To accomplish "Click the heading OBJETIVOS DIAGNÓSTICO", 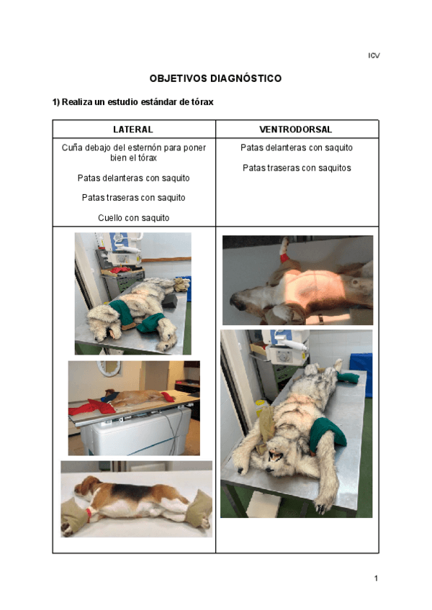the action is click(x=215, y=78).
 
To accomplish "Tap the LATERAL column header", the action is click(x=133, y=129).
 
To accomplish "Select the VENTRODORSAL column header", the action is click(x=296, y=129).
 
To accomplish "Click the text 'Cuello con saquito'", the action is click(x=134, y=218).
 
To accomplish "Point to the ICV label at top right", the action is click(x=374, y=55).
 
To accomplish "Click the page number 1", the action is click(x=376, y=578).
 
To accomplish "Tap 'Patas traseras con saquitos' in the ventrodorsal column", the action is click(x=297, y=168).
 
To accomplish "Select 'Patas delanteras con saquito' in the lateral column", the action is click(x=134, y=178).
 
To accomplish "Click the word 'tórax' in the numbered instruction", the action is click(x=202, y=102).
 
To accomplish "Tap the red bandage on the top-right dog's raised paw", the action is click(x=284, y=257).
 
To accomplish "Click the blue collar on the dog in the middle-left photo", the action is click(x=110, y=397).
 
